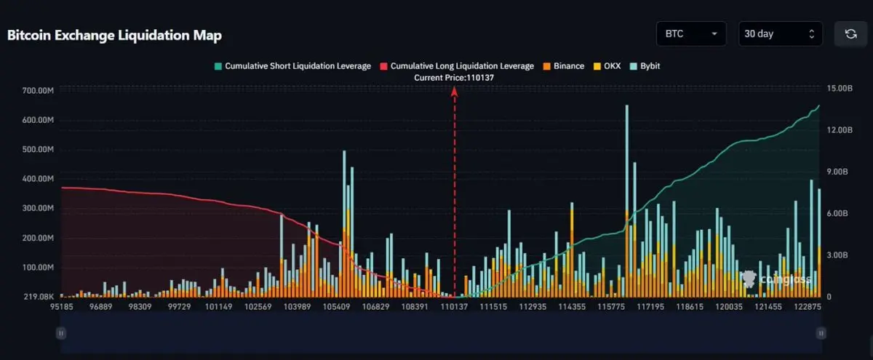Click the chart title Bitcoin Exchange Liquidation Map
tap(114, 35)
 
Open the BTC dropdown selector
tap(691, 33)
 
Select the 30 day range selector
tap(780, 33)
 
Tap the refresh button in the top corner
tap(850, 33)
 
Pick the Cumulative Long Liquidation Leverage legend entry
tap(456, 66)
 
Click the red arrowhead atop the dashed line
tap(455, 91)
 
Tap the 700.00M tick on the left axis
tap(39, 91)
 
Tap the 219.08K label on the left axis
tap(39, 297)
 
